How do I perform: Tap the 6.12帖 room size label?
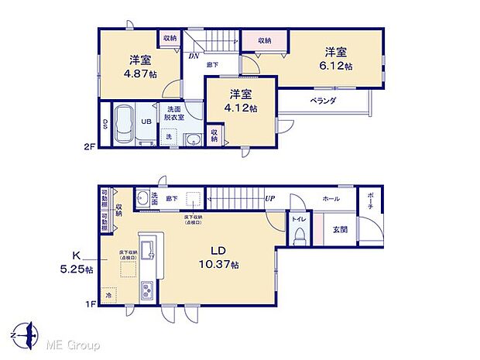[336, 67]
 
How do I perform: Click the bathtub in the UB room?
[124, 125]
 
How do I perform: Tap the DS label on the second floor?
[105, 124]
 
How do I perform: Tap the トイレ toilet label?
[297, 219]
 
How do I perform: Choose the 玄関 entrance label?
[341, 229]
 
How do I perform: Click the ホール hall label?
[331, 199]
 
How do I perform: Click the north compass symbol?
[29, 334]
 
